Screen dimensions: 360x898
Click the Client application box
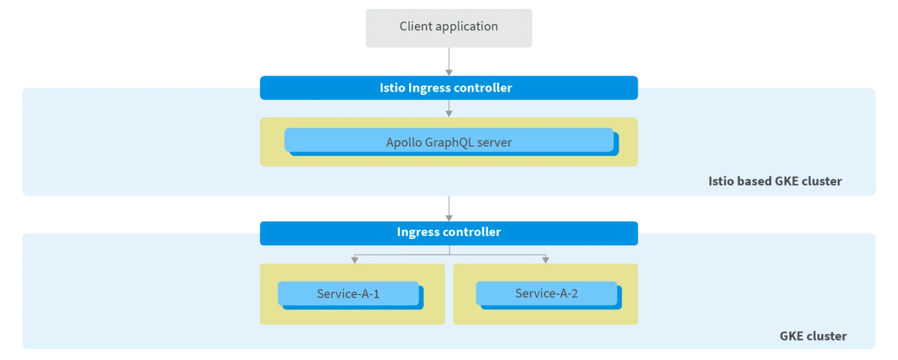[x=448, y=27]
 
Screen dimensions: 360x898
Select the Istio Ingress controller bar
[x=448, y=88]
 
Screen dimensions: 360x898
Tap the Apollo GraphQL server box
[x=448, y=142]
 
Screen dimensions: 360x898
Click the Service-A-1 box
[x=348, y=294]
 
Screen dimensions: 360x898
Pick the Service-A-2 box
[x=546, y=293]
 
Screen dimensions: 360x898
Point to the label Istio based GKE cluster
[x=775, y=181]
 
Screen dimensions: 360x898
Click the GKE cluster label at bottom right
[x=813, y=336]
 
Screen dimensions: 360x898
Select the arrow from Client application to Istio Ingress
[x=448, y=62]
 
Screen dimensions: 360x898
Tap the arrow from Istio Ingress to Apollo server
[x=448, y=108]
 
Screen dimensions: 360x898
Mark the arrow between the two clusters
[x=448, y=208]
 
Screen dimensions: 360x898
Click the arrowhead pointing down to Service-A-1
[x=353, y=259]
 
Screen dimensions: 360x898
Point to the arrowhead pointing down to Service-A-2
[x=545, y=259]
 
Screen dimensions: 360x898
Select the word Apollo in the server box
[x=404, y=142]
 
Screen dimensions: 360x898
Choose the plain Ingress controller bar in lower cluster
[x=448, y=232]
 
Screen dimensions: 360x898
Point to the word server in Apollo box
[x=495, y=142]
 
